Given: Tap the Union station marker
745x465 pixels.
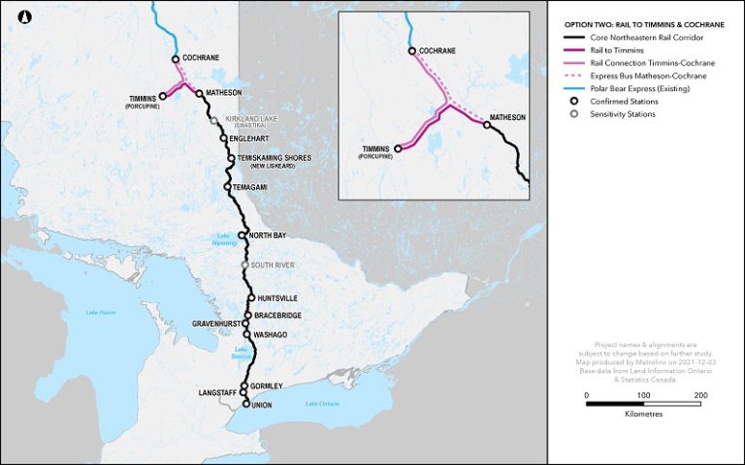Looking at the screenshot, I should click(x=245, y=404).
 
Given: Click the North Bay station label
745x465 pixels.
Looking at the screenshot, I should click(x=267, y=235).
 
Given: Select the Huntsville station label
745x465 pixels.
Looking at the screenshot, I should click(x=276, y=298).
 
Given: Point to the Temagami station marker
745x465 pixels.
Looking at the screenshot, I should click(x=227, y=186).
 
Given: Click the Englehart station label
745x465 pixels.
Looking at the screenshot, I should click(x=250, y=139).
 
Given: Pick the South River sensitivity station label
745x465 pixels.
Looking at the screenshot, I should click(x=272, y=264).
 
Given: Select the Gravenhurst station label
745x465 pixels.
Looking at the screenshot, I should click(x=214, y=323).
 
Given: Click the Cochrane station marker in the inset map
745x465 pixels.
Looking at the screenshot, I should click(x=412, y=50).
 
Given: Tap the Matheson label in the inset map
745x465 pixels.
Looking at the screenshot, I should click(x=507, y=118).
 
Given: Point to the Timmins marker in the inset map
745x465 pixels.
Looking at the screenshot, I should click(x=398, y=149).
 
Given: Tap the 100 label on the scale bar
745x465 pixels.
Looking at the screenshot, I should click(x=642, y=396).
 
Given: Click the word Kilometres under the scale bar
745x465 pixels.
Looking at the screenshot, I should click(x=643, y=414).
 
